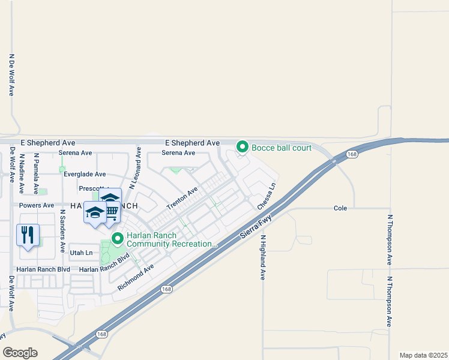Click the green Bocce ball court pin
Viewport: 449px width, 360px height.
click(243, 146)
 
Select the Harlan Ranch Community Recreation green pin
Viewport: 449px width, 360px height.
click(117, 239)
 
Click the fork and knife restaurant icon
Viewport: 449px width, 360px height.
click(28, 235)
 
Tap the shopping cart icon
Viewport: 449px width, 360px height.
click(111, 210)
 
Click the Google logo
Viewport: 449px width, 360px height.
click(20, 352)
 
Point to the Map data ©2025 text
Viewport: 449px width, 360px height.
click(423, 355)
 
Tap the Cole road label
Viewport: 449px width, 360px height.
click(340, 208)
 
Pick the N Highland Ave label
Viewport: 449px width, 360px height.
click(262, 257)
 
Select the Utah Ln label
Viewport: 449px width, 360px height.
click(81, 253)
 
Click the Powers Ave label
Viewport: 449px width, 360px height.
click(37, 205)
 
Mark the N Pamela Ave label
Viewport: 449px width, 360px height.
click(36, 173)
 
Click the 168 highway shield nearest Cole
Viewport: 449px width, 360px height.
click(352, 154)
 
